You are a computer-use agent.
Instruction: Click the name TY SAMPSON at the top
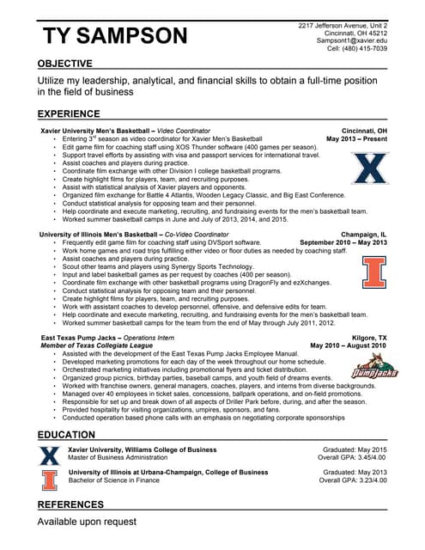[x=114, y=35]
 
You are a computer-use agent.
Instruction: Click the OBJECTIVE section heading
[x=65, y=64]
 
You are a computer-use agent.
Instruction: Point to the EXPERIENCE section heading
[x=69, y=113]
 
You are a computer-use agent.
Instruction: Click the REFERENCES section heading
[x=70, y=504]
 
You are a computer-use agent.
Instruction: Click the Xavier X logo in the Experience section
[x=371, y=168]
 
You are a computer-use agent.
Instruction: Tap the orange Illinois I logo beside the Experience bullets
[x=373, y=272]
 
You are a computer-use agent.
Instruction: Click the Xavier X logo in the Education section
[x=50, y=455]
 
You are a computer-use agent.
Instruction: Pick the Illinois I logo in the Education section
[x=50, y=480]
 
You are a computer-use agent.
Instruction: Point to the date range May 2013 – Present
[x=356, y=138]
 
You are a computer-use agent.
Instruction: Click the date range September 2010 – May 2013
[x=343, y=242]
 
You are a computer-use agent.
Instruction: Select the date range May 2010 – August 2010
[x=348, y=345]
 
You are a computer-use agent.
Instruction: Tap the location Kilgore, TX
[x=370, y=338]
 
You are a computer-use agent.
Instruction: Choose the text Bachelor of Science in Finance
[x=117, y=481]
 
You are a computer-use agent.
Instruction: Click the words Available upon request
[x=87, y=522]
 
